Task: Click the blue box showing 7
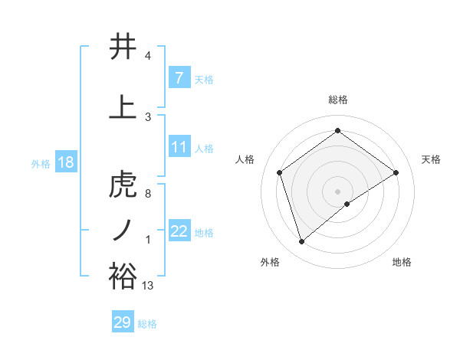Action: tap(179, 78)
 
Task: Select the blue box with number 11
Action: tap(179, 147)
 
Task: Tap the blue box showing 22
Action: tap(179, 231)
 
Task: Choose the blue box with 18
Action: tap(65, 162)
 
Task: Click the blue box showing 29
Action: tap(123, 322)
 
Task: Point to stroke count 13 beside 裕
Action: tap(148, 286)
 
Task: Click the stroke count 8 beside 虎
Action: tap(147, 194)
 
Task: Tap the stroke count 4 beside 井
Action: tap(147, 56)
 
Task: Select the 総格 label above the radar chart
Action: tap(337, 100)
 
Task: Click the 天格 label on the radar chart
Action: tap(431, 159)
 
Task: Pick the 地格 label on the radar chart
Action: tap(402, 262)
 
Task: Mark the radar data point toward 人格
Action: tap(280, 172)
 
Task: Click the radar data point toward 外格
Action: tap(302, 242)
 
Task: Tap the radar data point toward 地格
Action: tap(347, 204)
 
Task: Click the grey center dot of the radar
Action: tap(337, 191)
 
